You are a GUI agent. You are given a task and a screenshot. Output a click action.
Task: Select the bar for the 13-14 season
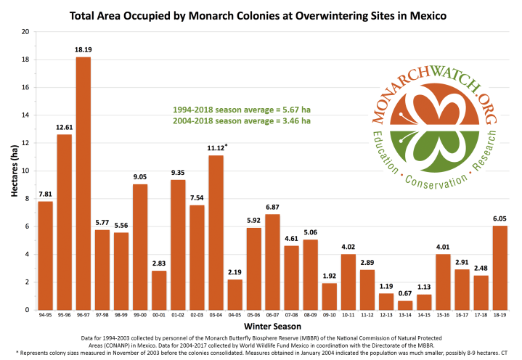pos(405,305)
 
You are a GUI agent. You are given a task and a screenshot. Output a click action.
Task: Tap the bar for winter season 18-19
pos(499,268)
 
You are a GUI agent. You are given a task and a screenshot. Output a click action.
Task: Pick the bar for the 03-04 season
pos(216,232)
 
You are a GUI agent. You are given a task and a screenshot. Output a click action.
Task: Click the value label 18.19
pos(83,50)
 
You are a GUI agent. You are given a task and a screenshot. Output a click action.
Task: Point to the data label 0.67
pos(405,294)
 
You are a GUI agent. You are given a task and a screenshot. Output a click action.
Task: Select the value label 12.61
pos(64,128)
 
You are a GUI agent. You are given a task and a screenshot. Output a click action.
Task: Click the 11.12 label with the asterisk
pos(215,148)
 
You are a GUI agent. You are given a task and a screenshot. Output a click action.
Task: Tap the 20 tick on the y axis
pos(25,32)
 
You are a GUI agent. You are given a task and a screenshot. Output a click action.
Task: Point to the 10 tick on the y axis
pos(25,171)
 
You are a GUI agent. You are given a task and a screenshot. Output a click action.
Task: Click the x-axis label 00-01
pos(158,316)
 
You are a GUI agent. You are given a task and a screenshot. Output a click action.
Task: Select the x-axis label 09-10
pos(329,316)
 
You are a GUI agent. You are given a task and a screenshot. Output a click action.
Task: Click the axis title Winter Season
pos(272,328)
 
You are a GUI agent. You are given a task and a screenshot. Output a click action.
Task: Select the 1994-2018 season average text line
pos(242,109)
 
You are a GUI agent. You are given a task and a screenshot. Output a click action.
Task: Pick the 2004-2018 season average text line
pos(242,120)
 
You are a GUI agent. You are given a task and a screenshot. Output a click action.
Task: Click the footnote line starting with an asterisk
pos(261,353)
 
